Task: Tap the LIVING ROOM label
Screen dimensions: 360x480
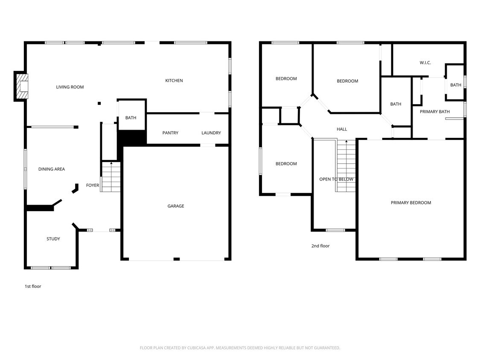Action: coord(70,87)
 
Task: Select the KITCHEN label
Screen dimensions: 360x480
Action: coord(174,81)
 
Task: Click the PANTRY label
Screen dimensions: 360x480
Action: coord(170,133)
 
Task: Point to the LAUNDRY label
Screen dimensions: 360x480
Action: coord(211,133)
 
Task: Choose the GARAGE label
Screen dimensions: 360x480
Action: coord(176,206)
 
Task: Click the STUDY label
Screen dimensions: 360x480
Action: coord(53,239)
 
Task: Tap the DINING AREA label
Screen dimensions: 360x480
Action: coord(52,169)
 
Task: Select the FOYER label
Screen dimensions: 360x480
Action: coord(93,186)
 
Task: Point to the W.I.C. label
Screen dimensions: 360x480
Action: coord(425,63)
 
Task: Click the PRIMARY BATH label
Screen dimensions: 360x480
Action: coord(435,112)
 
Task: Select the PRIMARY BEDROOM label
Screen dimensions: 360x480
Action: coord(411,203)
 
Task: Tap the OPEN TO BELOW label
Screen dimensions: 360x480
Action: coord(336,179)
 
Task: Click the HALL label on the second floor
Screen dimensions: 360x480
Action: coord(342,129)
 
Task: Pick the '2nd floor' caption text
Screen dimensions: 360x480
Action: coord(320,246)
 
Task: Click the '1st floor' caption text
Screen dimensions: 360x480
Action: coord(33,286)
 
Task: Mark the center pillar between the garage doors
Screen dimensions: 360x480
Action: coord(176,259)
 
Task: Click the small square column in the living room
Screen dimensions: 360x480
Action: coord(99,103)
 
